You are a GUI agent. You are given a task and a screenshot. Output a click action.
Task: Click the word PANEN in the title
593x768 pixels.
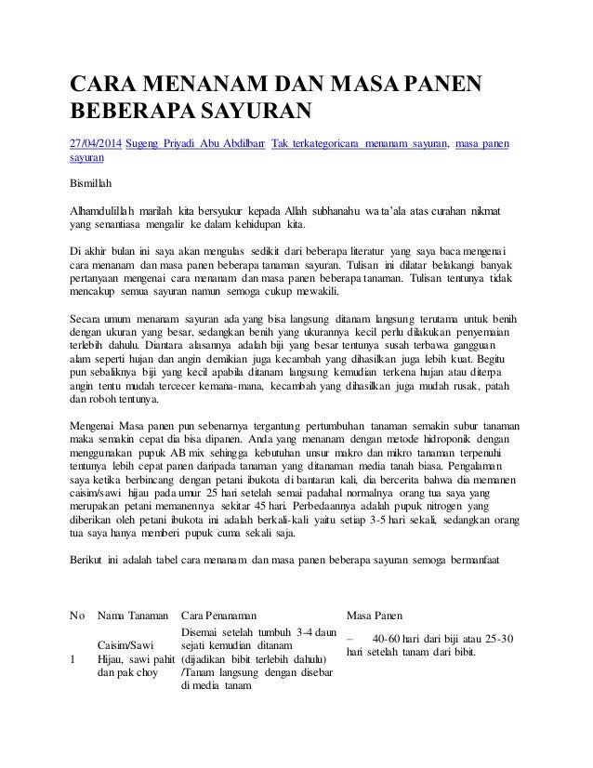[x=439, y=86]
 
